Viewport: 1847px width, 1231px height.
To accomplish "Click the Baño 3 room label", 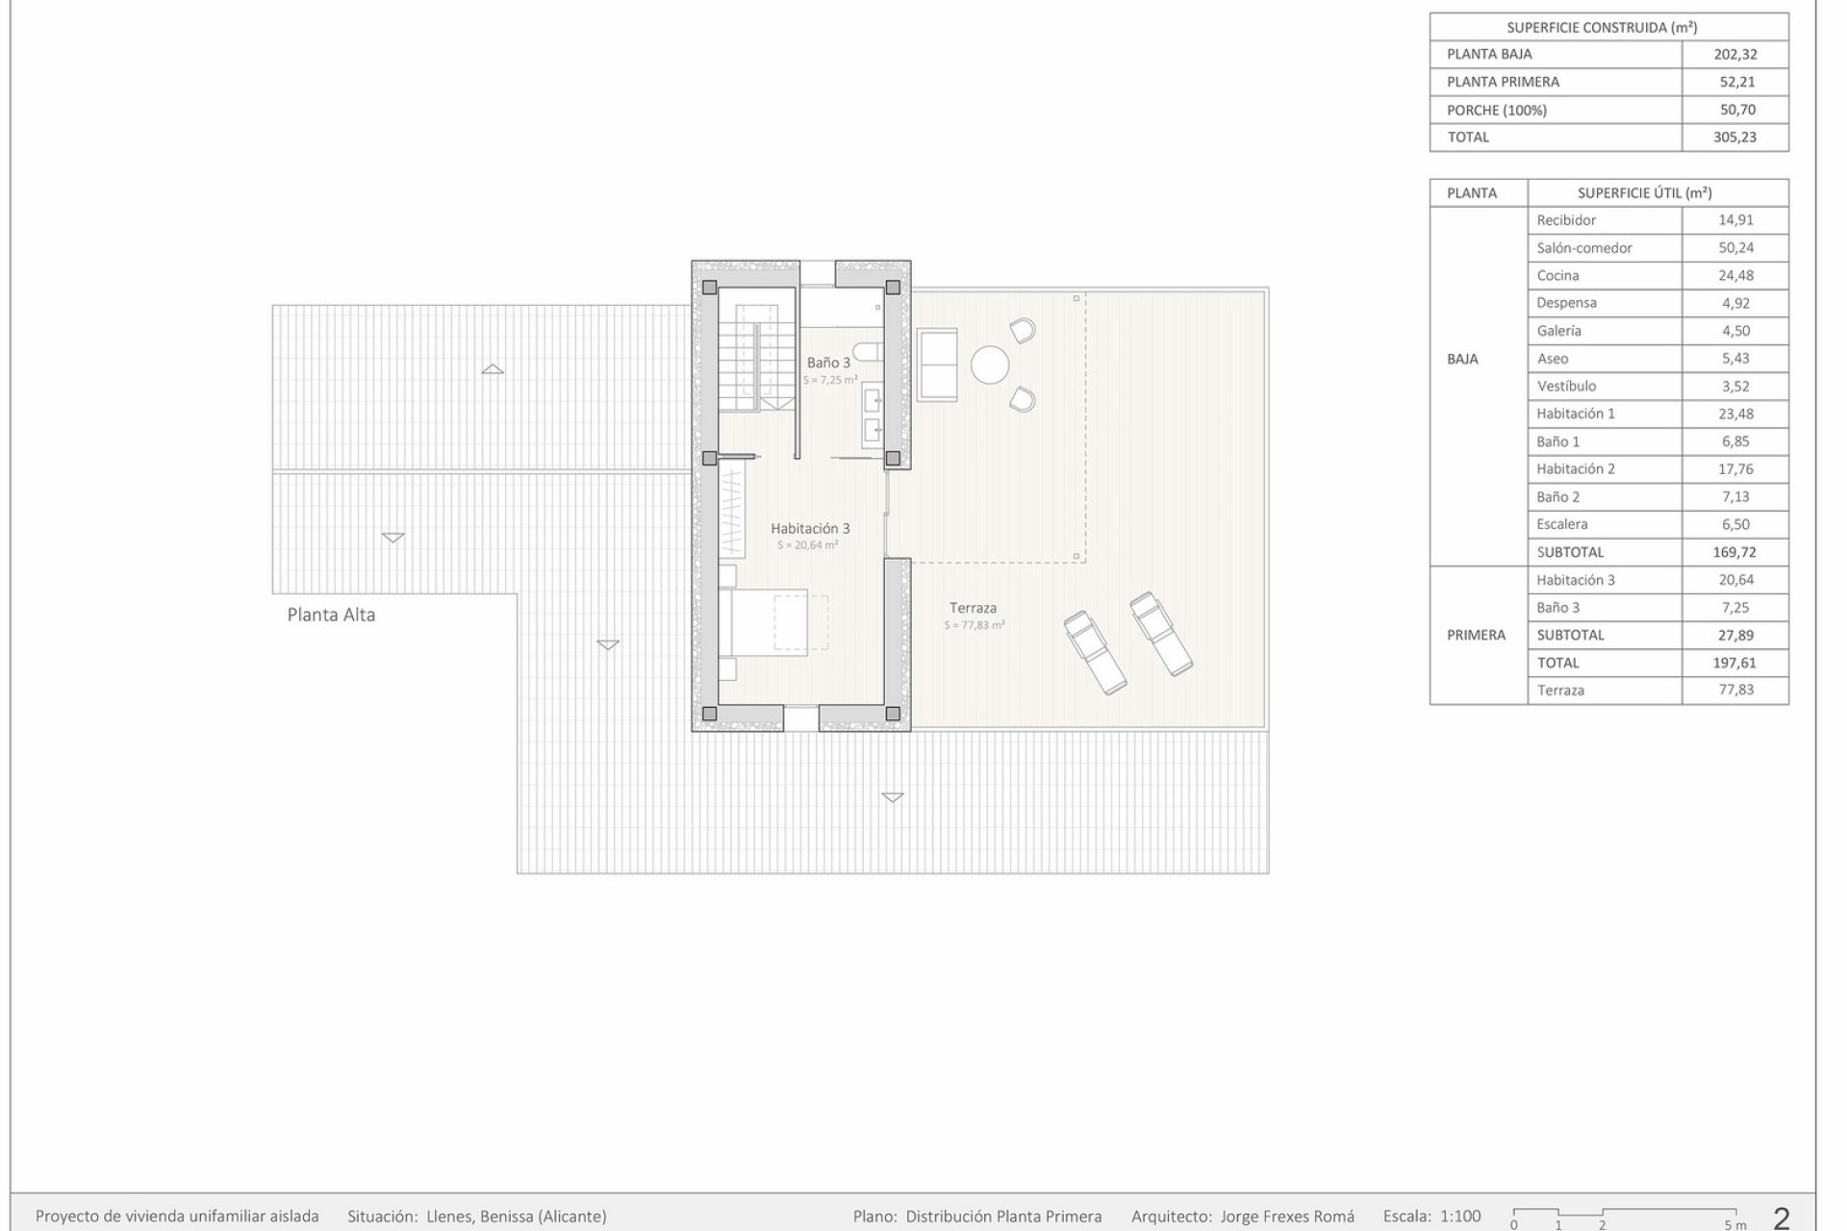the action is click(828, 363).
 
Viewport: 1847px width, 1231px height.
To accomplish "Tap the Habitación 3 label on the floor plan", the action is click(810, 528).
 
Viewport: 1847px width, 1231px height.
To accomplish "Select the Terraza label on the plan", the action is click(973, 608).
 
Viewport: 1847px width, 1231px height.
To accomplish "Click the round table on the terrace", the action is click(990, 365).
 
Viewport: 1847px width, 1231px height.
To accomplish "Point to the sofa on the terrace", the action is click(937, 364).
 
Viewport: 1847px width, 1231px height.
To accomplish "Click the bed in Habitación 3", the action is click(774, 623).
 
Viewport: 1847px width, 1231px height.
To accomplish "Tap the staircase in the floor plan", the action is click(758, 358).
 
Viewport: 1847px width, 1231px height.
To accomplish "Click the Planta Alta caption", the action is click(331, 615).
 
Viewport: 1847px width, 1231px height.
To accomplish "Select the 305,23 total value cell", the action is click(1734, 138).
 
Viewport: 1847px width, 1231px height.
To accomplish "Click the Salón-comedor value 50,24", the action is click(1735, 248).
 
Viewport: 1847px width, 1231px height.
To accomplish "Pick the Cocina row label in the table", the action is click(1557, 276).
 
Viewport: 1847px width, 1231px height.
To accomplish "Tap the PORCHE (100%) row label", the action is click(1497, 111).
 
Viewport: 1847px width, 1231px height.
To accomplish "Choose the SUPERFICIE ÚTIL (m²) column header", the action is click(1644, 193).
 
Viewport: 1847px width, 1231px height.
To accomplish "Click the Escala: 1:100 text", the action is click(1431, 1217).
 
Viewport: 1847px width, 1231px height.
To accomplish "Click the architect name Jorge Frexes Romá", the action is click(1287, 1217).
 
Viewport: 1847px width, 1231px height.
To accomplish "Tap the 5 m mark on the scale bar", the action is click(1734, 1224).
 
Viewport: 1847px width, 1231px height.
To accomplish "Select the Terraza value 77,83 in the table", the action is click(1735, 691).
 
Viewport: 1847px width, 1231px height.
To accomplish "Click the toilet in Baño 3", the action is click(871, 353).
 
